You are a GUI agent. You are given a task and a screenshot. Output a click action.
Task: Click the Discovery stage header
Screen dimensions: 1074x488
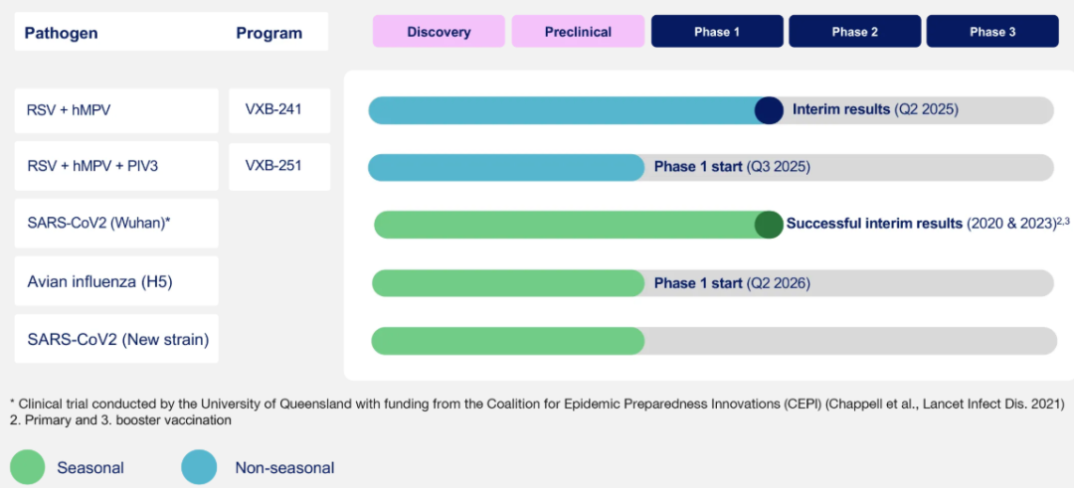click(439, 32)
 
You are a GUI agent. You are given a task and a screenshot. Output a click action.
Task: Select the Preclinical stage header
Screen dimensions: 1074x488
click(578, 32)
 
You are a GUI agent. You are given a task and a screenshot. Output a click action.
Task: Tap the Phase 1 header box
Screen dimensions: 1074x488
click(717, 32)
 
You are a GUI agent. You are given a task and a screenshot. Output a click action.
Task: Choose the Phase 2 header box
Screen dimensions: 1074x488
click(855, 32)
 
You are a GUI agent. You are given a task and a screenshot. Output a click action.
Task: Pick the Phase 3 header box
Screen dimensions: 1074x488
click(992, 32)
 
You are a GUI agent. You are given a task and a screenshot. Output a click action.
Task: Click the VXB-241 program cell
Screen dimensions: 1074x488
click(279, 110)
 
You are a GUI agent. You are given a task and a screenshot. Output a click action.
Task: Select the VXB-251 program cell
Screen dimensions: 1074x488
click(279, 166)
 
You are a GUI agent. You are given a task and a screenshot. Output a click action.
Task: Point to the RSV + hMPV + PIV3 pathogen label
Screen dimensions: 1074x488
click(92, 166)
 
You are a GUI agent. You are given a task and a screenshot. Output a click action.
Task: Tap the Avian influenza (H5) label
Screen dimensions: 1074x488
click(100, 281)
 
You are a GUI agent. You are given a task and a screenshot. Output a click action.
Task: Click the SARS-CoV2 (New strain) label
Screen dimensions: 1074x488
click(118, 339)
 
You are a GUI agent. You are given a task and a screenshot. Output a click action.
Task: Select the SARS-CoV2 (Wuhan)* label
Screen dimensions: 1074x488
click(98, 223)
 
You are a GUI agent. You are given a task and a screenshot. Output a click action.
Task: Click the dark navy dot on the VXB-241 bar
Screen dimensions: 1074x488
click(769, 110)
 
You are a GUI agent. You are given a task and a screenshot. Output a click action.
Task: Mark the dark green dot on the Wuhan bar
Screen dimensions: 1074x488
click(769, 225)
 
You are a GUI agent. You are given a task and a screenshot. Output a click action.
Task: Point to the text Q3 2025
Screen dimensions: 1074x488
click(778, 167)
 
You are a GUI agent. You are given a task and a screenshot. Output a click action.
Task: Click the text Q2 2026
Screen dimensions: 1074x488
click(778, 282)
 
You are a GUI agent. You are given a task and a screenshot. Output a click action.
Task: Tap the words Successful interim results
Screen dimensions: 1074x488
click(875, 224)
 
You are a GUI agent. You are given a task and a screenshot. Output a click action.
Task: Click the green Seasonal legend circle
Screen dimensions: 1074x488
click(28, 467)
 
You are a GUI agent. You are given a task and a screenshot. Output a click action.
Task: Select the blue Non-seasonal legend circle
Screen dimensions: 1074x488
click(199, 467)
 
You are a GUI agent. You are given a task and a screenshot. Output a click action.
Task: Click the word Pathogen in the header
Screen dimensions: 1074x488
click(61, 34)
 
